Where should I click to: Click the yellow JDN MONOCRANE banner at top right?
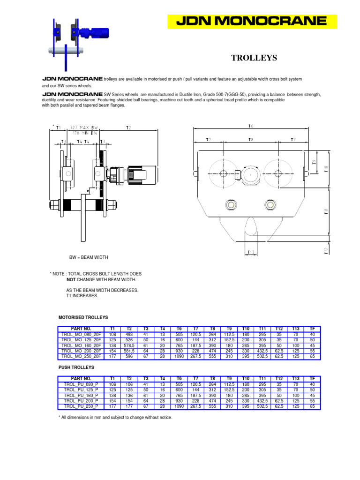point(252,21)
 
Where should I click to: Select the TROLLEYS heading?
point(254,58)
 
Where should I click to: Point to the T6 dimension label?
point(250,126)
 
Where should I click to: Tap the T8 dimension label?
point(251,140)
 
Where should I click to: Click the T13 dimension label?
point(251,252)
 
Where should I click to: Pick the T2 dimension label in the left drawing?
point(128,127)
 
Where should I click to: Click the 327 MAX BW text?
point(84,127)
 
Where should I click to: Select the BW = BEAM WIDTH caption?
point(89,257)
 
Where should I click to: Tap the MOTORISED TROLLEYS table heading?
point(83,317)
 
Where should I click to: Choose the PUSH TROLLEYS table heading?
point(76,367)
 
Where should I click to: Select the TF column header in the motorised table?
point(312,329)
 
